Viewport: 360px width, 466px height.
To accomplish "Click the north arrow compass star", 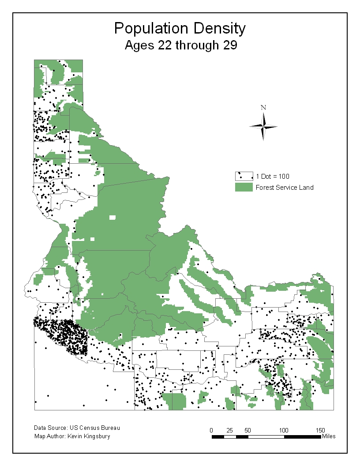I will (x=263, y=127).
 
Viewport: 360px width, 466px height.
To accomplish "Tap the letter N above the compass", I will (x=263, y=107).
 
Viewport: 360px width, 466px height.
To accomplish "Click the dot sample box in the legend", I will (x=244, y=176).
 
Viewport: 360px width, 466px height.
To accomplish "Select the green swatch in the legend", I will (x=244, y=187).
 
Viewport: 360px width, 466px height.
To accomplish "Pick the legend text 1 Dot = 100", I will (x=273, y=177).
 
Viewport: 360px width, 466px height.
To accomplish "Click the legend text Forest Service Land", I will (x=285, y=188).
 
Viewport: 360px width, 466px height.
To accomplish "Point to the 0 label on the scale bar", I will (x=212, y=430).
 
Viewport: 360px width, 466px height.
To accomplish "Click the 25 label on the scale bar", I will (x=230, y=430).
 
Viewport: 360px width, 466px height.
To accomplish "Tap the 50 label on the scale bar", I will (x=248, y=430).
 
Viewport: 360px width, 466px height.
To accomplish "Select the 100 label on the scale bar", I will (x=284, y=430).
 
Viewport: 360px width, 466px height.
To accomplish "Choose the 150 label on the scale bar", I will (x=320, y=430).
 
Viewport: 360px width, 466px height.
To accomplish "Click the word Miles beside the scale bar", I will (x=329, y=436).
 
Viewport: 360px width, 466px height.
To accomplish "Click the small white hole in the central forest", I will (x=112, y=217).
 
